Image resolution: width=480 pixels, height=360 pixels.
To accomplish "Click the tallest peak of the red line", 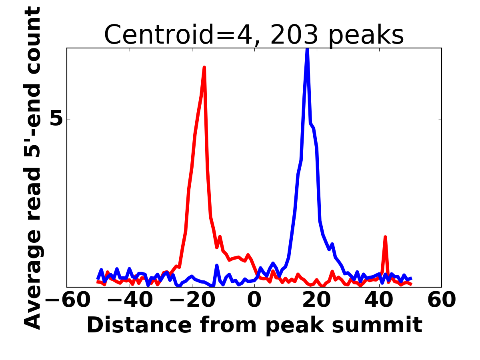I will click(x=204, y=68).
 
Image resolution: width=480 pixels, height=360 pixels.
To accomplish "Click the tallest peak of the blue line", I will click(x=307, y=50).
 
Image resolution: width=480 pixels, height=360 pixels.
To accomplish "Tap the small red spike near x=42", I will click(x=385, y=237).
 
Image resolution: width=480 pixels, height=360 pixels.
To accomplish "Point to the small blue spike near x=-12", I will click(x=217, y=266).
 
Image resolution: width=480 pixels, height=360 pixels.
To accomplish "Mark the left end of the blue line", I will click(x=98, y=278).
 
